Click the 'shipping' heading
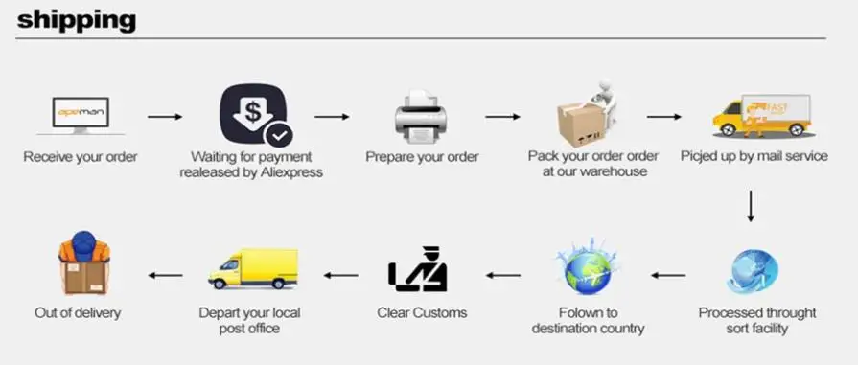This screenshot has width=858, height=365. click(x=76, y=20)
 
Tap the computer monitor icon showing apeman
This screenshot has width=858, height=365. click(x=81, y=116)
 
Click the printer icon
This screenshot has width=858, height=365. click(x=422, y=117)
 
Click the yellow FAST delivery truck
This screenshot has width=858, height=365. click(x=762, y=116)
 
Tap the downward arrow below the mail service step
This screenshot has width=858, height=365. click(x=751, y=206)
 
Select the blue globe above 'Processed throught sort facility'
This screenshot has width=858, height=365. click(x=754, y=271)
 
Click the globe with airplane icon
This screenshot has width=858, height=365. click(x=588, y=267)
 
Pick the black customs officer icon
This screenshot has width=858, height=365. click(x=418, y=268)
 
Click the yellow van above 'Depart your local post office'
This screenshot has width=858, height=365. click(x=253, y=268)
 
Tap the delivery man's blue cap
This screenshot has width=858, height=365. click(x=83, y=244)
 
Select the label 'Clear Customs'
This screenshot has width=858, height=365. click(x=422, y=313)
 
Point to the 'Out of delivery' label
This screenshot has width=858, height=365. click(x=78, y=313)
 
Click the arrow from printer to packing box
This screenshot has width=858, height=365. click(x=502, y=117)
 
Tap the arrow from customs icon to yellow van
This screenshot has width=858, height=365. click(x=341, y=275)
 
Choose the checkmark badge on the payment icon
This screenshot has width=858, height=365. click(x=279, y=135)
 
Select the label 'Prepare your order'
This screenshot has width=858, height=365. click(x=422, y=157)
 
